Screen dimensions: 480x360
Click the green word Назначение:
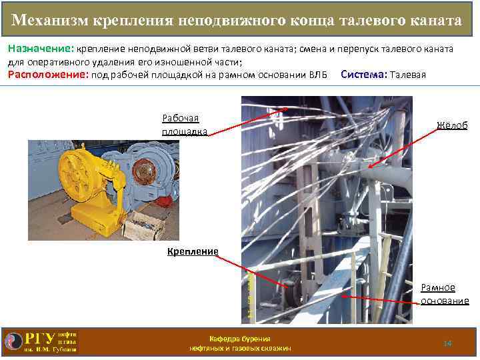pyautogui.click(x=41, y=49)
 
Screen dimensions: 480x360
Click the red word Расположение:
pyautogui.click(x=48, y=75)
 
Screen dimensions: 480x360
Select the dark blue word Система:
pyautogui.click(x=364, y=75)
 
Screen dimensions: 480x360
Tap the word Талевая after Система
pyautogui.click(x=408, y=75)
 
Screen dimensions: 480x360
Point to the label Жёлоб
pyautogui.click(x=452, y=125)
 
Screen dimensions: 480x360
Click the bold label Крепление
pyautogui.click(x=193, y=251)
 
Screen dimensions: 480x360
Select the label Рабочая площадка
pyautogui.click(x=185, y=125)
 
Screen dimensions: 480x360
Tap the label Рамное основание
pyautogui.click(x=445, y=294)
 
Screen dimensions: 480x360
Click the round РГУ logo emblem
pyautogui.click(x=14, y=341)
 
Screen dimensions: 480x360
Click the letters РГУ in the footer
pyautogui.click(x=40, y=339)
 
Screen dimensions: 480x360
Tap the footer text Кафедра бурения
pyautogui.click(x=240, y=339)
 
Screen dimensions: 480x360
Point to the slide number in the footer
pyautogui.click(x=448, y=343)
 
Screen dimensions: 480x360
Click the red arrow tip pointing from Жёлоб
pyautogui.click(x=368, y=167)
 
